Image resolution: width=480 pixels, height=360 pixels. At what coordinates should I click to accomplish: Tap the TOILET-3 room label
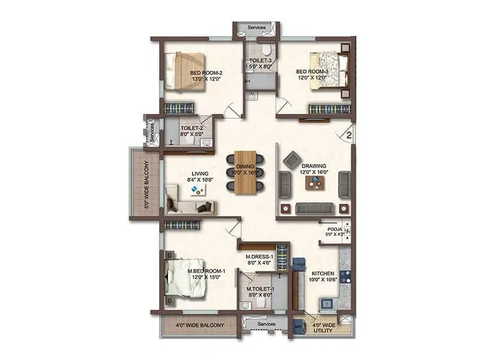[x=260, y=64]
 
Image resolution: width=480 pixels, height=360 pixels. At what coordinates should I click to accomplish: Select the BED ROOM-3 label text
[x=311, y=74]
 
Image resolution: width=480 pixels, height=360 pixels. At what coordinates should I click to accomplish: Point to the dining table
[x=245, y=172]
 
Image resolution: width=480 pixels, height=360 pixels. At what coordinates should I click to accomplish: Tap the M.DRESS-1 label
[x=260, y=259]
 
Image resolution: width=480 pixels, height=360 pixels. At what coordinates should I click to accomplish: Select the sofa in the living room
[x=189, y=205]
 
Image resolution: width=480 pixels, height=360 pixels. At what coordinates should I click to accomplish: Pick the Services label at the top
[x=257, y=28]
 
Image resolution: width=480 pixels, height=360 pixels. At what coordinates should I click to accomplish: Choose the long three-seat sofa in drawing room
[x=314, y=208]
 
